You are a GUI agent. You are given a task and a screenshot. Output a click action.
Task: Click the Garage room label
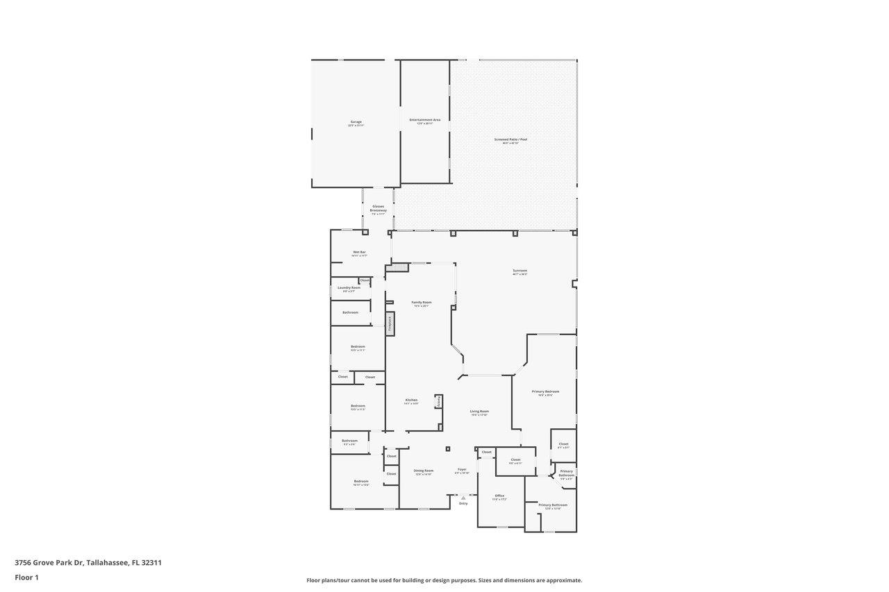[x=356, y=123]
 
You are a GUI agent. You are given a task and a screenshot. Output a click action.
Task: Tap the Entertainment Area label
[x=424, y=121]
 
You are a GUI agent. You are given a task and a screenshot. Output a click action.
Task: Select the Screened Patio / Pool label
[x=510, y=140]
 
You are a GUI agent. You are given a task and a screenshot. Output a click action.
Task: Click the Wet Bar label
[x=359, y=253]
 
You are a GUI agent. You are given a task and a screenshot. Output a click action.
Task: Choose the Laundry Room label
[x=349, y=288]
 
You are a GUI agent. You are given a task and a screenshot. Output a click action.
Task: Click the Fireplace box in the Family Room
[x=390, y=323]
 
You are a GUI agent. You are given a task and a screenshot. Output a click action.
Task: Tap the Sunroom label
[x=520, y=271]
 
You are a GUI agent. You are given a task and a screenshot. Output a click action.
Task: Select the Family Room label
[x=421, y=303]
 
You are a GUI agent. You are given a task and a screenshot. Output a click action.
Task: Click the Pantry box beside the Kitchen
[x=438, y=401]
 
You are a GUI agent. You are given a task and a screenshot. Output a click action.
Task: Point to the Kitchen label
[x=411, y=400]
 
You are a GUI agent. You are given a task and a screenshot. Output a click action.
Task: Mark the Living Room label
[x=479, y=412]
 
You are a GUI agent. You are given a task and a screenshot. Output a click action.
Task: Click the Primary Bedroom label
[x=545, y=392]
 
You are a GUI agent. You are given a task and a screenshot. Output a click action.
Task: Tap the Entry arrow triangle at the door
[x=463, y=498]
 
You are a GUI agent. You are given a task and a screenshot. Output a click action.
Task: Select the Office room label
[x=499, y=496]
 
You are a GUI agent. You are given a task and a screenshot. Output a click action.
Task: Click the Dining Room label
[x=424, y=471]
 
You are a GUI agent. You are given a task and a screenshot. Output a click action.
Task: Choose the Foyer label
[x=462, y=470]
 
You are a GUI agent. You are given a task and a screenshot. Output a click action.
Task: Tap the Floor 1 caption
[x=26, y=577]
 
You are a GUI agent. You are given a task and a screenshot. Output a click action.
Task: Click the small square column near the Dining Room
[x=448, y=449]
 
